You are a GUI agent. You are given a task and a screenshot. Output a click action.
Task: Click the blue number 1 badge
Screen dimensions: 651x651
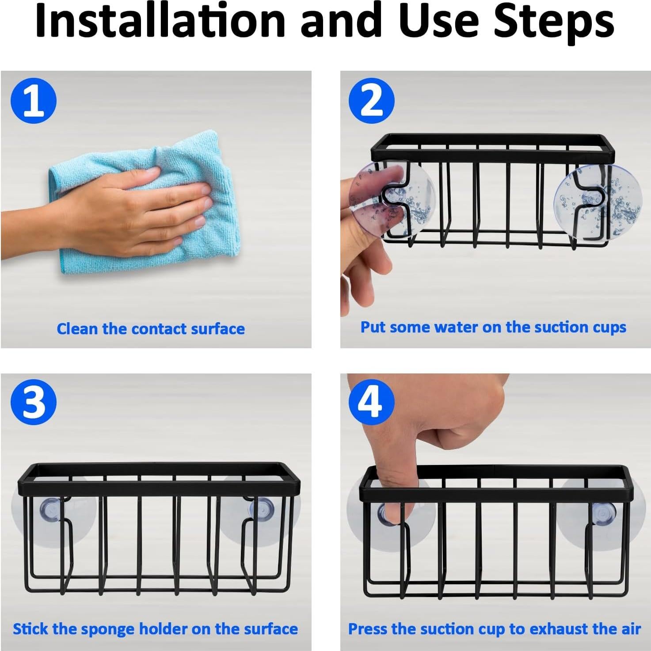pos(34,101)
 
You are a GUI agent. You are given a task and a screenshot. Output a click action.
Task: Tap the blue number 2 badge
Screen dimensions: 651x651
pos(372,101)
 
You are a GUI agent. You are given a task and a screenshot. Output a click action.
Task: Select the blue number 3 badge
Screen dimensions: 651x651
pos(34,402)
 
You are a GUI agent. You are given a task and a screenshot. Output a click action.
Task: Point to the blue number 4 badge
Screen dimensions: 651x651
pos(372,402)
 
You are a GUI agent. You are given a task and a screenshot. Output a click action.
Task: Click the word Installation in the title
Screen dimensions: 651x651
pos(160,20)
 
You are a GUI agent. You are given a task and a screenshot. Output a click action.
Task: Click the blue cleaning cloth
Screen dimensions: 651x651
pos(145,203)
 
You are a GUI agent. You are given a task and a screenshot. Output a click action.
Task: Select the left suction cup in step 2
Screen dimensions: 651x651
pos(392,199)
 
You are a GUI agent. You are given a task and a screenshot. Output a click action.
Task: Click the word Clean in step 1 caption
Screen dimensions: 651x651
pos(77,329)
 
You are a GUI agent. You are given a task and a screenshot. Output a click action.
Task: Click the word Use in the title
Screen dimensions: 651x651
pos(442,20)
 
